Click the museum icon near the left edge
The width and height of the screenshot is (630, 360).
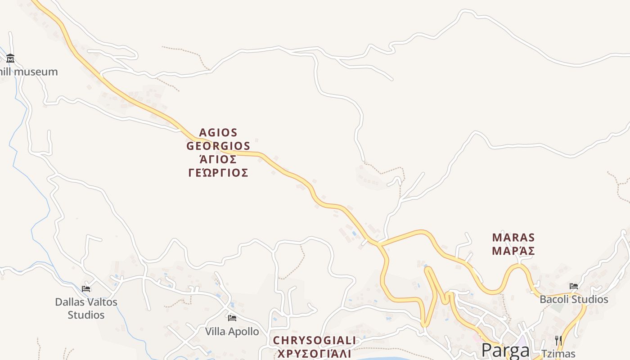pyautogui.click(x=10, y=58)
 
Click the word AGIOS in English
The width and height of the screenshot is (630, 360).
pyautogui.click(x=218, y=133)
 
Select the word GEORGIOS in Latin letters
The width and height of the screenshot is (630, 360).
pyautogui.click(x=218, y=146)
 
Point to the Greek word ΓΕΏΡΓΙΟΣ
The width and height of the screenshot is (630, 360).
pyautogui.click(x=218, y=173)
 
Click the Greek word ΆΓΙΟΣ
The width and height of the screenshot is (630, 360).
pyautogui.click(x=218, y=160)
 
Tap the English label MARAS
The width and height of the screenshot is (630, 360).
pyautogui.click(x=513, y=238)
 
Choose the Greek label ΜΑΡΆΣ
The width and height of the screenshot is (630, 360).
pyautogui.click(x=513, y=251)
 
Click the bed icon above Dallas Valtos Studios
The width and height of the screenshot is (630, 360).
pyautogui.click(x=86, y=288)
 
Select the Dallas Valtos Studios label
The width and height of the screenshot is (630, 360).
pyautogui.click(x=86, y=308)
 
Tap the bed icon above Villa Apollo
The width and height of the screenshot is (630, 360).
pyautogui.click(x=232, y=318)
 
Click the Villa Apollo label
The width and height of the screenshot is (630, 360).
pyautogui.click(x=232, y=332)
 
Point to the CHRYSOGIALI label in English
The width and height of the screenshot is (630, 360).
pyautogui.click(x=315, y=340)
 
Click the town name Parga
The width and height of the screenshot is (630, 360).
pyautogui.click(x=505, y=350)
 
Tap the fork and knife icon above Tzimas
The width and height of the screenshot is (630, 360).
pyautogui.click(x=558, y=341)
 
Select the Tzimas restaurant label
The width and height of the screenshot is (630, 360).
pyautogui.click(x=558, y=354)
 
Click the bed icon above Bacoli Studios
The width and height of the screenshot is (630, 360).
pyautogui.click(x=574, y=286)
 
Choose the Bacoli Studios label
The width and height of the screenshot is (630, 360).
pyautogui.click(x=574, y=299)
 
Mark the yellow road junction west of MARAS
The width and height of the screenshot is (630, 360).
pyautogui.click(x=379, y=243)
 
